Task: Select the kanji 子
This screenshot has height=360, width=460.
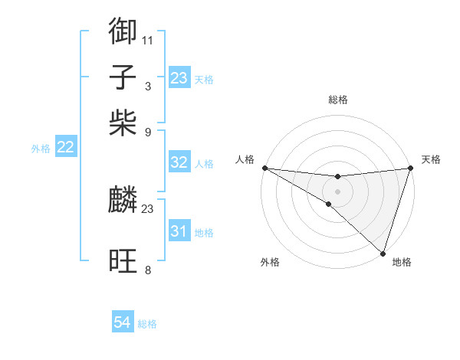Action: point(123,77)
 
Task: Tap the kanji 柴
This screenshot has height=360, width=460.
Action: point(123,123)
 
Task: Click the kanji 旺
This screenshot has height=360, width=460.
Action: point(123,261)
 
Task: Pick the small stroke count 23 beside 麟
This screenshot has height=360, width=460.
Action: point(148,208)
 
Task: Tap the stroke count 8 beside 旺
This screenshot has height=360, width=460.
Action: point(147,270)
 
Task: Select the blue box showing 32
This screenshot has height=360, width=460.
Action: point(179,162)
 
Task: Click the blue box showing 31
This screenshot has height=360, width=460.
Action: point(179,231)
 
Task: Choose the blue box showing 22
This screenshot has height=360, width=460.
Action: point(66,148)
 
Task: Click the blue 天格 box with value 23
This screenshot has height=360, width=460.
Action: point(179,78)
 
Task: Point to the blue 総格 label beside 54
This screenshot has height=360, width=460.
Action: point(147,324)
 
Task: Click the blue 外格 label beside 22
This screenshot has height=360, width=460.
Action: point(41,149)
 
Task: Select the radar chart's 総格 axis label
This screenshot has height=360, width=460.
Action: point(337,100)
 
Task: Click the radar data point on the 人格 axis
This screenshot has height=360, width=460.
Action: point(264,168)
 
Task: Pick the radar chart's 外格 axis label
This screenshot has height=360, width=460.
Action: point(270,263)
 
